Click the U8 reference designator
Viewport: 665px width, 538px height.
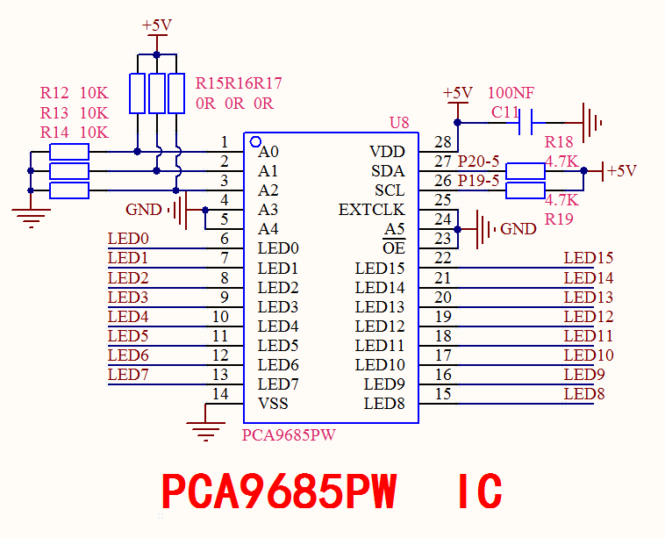click(x=399, y=123)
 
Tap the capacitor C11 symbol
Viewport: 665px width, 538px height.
click(x=526, y=123)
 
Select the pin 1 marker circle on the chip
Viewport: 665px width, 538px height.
click(x=256, y=142)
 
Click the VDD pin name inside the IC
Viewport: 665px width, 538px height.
click(x=387, y=152)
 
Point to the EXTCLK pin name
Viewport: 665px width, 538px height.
click(x=371, y=210)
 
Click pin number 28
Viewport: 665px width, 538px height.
click(x=442, y=142)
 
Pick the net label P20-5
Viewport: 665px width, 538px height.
click(x=478, y=161)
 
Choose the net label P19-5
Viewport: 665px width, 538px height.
click(x=478, y=181)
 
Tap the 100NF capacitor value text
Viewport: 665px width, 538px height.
click(x=511, y=92)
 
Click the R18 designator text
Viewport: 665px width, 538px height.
click(x=559, y=141)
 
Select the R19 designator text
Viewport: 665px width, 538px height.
click(x=559, y=219)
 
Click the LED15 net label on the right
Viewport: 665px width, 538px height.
click(x=589, y=257)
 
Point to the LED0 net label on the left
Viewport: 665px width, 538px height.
click(x=128, y=239)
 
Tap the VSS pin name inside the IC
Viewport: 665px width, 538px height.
click(x=273, y=403)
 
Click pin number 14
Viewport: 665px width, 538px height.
click(x=220, y=394)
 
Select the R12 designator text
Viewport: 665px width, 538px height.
click(x=54, y=92)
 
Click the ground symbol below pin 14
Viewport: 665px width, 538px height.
click(x=205, y=432)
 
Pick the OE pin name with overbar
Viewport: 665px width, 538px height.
click(x=394, y=247)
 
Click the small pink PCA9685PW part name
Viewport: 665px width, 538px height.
click(x=289, y=435)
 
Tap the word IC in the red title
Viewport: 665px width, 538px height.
click(x=480, y=491)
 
